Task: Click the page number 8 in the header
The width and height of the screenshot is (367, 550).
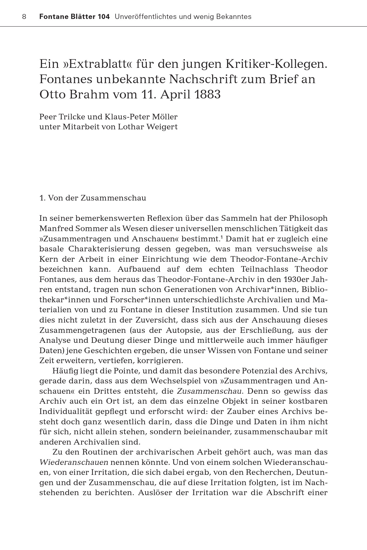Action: [24, 17]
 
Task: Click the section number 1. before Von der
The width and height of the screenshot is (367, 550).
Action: [42, 198]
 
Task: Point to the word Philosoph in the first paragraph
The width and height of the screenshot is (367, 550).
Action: [308, 218]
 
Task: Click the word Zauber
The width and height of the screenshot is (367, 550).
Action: [239, 411]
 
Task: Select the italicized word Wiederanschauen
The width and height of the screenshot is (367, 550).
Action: [74, 462]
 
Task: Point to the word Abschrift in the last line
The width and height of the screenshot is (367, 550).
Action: [285, 492]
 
